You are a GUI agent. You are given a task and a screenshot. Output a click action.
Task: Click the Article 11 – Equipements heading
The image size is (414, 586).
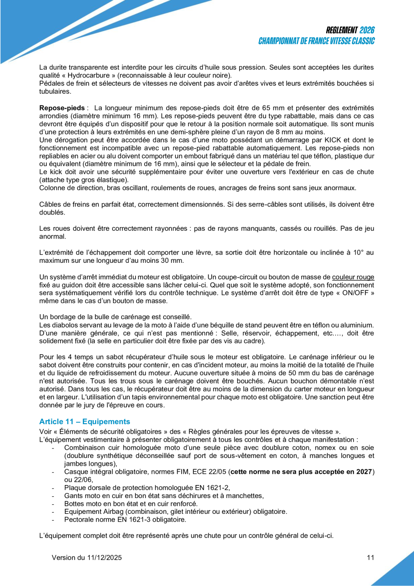(84, 421)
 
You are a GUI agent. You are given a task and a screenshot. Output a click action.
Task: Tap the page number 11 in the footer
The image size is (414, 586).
(371, 558)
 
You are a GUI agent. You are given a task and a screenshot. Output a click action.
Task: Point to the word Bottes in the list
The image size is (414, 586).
(73, 504)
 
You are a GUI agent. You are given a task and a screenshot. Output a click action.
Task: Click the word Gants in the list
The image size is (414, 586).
(73, 495)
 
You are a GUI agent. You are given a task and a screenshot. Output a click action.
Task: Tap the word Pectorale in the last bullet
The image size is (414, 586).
(79, 519)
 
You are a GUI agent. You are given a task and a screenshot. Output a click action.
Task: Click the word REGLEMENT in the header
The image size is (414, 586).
(341, 30)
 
